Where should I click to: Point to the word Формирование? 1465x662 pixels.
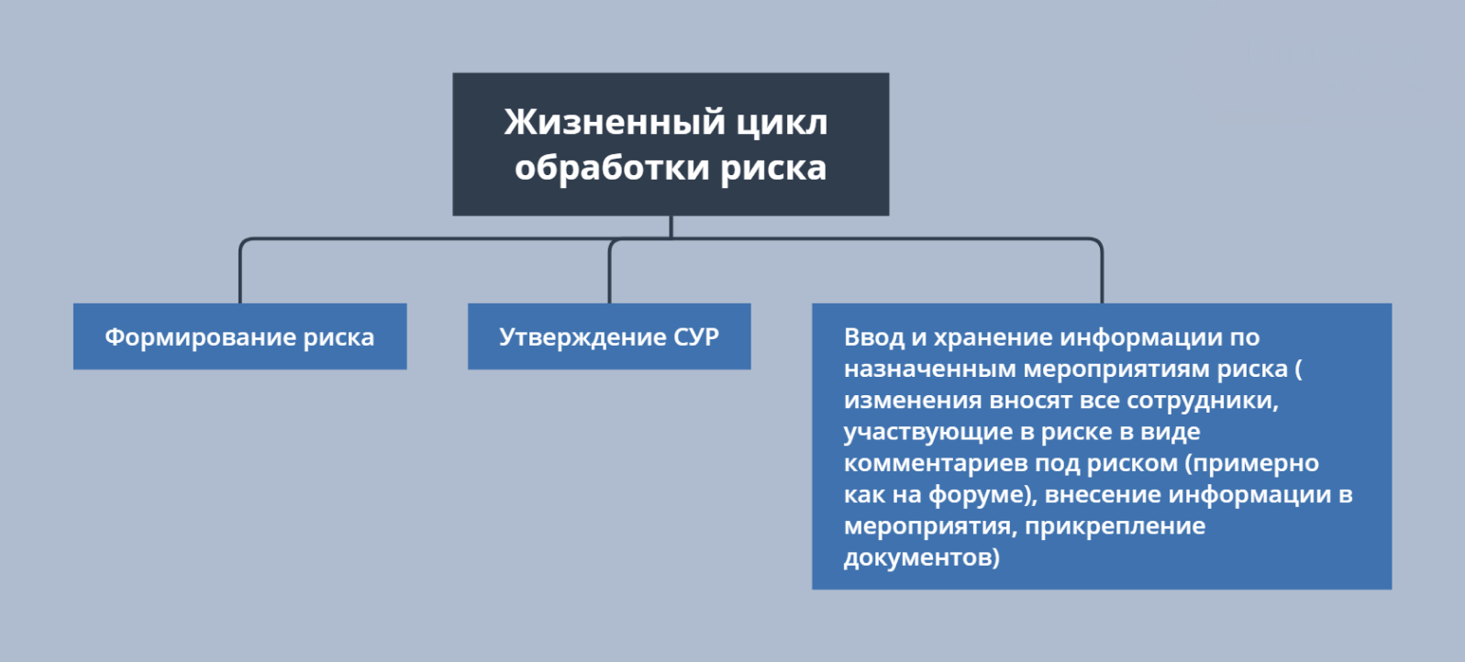coord(200,337)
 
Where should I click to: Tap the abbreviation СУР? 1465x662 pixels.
coord(696,337)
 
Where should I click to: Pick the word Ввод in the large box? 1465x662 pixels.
coord(873,337)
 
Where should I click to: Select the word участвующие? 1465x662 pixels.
coord(928,432)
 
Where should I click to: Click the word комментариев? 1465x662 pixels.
coord(933,463)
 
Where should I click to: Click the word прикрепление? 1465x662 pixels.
coord(1115,526)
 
